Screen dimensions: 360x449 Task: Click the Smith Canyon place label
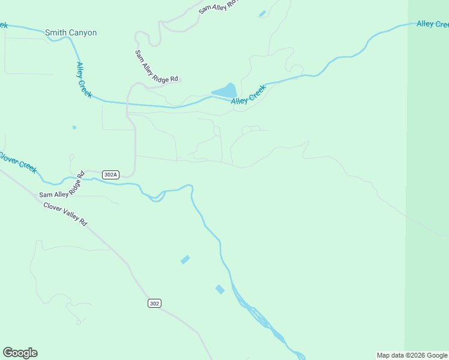[70, 32]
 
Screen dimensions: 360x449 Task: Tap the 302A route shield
[110, 175]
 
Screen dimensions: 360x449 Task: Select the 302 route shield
[154, 303]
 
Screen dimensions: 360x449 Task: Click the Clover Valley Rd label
[65, 214]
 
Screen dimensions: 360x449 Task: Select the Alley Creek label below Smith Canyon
[84, 80]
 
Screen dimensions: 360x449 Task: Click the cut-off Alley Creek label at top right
[432, 24]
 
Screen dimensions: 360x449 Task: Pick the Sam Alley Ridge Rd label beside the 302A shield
[62, 186]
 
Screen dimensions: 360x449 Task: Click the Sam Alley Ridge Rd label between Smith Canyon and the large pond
[156, 66]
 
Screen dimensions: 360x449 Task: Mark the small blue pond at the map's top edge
[262, 13]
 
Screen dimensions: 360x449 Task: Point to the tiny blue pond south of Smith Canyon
[74, 127]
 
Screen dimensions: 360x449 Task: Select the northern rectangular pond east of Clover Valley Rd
[185, 259]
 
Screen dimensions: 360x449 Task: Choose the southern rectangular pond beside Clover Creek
[220, 289]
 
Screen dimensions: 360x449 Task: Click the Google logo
[20, 353]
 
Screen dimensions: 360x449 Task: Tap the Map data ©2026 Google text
[412, 355]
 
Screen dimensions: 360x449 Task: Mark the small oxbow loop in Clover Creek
[157, 197]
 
